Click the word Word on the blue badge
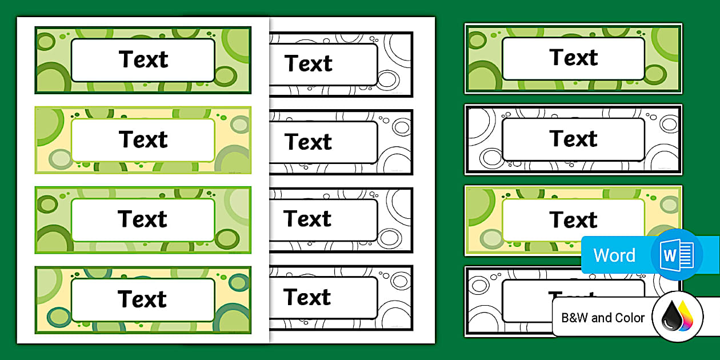click(x=614, y=255)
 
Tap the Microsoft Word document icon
click(x=677, y=255)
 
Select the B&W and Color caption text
click(x=603, y=318)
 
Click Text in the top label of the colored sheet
click(x=143, y=59)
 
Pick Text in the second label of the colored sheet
click(x=143, y=139)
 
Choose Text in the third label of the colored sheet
click(x=143, y=219)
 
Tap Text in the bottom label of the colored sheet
click(x=143, y=299)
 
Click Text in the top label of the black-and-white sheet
click(x=309, y=64)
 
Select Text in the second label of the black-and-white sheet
click(x=309, y=142)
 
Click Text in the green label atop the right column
click(x=574, y=58)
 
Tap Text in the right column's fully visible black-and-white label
click(x=574, y=139)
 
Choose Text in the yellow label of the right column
click(x=574, y=220)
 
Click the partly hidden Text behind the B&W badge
click(x=574, y=294)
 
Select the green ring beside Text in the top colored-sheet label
click(x=225, y=76)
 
